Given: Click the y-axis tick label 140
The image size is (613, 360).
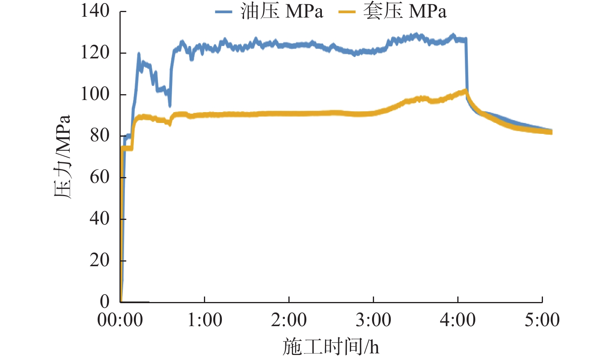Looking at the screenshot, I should click(95, 11).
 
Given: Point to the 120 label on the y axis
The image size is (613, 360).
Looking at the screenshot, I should click(95, 52).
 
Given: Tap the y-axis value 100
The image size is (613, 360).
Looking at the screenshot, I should click(95, 94).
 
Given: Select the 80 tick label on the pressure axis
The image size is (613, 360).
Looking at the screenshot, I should click(100, 135).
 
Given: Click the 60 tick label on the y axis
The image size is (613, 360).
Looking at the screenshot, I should click(100, 177).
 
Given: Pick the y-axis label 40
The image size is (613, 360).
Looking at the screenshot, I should click(100, 218).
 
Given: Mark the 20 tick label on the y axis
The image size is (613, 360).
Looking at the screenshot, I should click(100, 260).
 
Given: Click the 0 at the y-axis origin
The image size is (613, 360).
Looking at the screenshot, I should click(105, 301).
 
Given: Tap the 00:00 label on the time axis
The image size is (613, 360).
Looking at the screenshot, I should click(120, 320).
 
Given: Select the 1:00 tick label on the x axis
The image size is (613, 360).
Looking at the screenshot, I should click(205, 320).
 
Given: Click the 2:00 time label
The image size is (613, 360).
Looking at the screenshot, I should click(289, 320).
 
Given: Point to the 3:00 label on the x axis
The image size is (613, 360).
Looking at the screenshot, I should click(373, 320).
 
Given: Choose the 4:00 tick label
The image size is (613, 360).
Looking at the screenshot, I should click(458, 320).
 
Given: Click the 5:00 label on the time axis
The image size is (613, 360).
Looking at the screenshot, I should click(542, 320).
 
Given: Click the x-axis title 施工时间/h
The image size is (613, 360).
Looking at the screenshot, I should click(330, 346).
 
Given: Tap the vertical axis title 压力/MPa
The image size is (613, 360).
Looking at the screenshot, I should click(62, 156).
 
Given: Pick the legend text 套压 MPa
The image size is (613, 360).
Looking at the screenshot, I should click(405, 11).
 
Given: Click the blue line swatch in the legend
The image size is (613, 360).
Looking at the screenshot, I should click(223, 12).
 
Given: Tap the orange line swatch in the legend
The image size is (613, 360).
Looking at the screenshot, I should click(347, 12).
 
